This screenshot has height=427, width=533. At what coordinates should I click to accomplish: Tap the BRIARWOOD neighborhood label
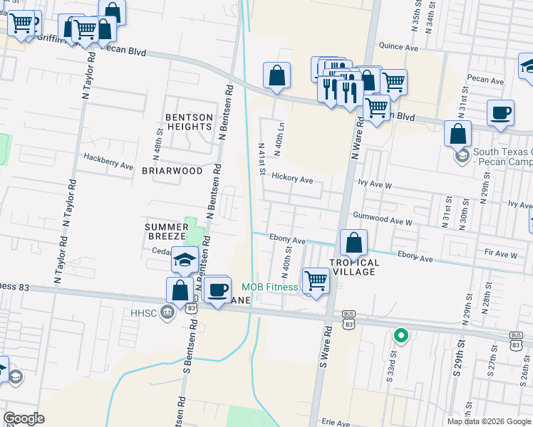(x=172, y=171)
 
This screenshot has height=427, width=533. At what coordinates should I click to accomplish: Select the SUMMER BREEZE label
(x=165, y=231)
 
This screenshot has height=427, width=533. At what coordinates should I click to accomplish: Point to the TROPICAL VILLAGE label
(x=354, y=268)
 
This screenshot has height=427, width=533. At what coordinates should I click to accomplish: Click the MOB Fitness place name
(x=269, y=288)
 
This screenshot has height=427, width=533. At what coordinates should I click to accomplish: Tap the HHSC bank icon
(x=167, y=312)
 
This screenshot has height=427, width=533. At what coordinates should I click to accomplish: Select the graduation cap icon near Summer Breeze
(x=185, y=259)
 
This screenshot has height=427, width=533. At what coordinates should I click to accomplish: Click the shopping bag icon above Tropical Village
(x=353, y=243)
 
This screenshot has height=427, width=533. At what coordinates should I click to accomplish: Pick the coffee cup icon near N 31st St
(x=500, y=112)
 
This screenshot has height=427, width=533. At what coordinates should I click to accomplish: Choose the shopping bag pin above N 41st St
(x=276, y=75)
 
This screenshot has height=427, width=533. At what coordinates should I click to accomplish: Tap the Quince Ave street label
(x=398, y=47)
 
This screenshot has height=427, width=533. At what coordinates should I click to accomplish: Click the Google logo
(x=24, y=418)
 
